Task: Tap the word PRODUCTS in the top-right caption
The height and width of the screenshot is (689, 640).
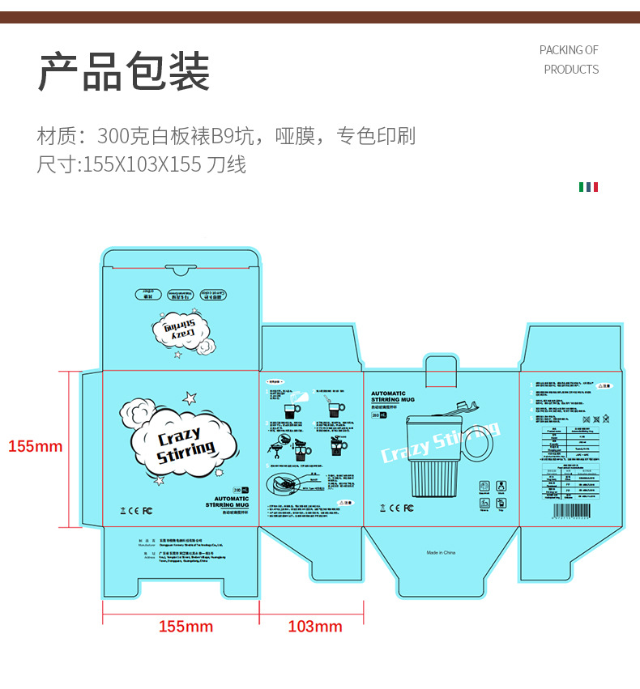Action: pyautogui.click(x=571, y=70)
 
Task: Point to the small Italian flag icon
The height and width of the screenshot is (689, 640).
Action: pyautogui.click(x=588, y=187)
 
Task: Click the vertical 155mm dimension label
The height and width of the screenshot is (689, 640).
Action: pyautogui.click(x=35, y=446)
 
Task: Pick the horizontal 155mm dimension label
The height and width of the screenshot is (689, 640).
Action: pyautogui.click(x=186, y=626)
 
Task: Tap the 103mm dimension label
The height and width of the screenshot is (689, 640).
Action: pyautogui.click(x=315, y=626)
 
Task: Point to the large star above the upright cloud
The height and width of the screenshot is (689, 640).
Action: pyautogui.click(x=190, y=398)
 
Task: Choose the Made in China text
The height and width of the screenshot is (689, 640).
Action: pyautogui.click(x=442, y=553)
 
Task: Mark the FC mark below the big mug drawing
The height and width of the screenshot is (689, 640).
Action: pyautogui.click(x=408, y=508)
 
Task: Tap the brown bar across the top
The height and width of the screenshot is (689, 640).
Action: pyautogui.click(x=320, y=17)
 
